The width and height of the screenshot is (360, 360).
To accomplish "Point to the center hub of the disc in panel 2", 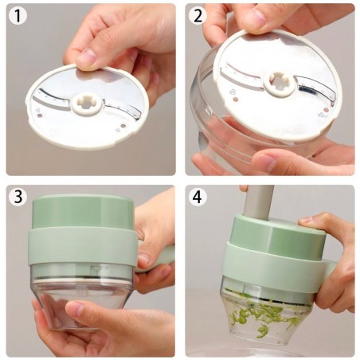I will [279, 81].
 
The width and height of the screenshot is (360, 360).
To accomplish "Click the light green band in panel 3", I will [80, 247].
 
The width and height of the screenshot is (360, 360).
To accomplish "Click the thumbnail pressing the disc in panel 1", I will [86, 58].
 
